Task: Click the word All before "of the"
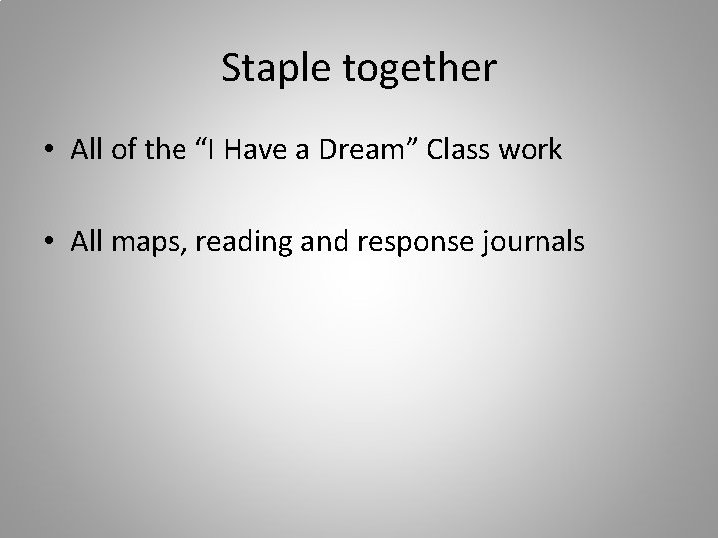(x=85, y=150)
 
